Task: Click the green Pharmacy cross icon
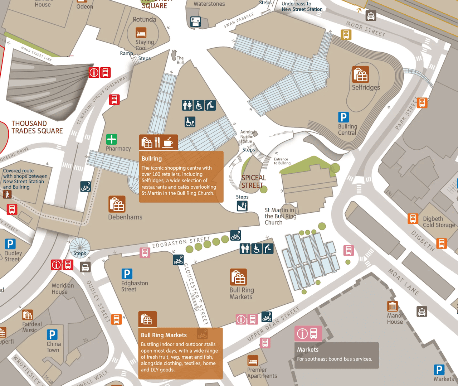point(112,139)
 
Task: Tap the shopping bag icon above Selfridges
point(360,74)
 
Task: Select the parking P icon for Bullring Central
point(343,117)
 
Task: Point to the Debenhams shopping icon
point(117,204)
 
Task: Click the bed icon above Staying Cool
point(141,33)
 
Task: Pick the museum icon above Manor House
point(393,307)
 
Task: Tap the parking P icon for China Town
point(52,335)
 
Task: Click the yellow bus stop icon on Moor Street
point(346,35)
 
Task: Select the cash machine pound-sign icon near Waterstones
point(195,22)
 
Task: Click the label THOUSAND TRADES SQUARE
point(37,127)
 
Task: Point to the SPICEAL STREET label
point(253,182)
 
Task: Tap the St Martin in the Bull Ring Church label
point(280,216)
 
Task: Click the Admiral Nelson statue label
point(247,136)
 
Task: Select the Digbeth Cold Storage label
point(439,222)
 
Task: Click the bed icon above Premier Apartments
point(253,361)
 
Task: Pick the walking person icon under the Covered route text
point(7,194)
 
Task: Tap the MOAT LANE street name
point(404,282)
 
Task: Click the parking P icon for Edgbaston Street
point(127,274)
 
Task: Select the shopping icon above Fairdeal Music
point(28,315)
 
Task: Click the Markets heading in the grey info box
point(308,349)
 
